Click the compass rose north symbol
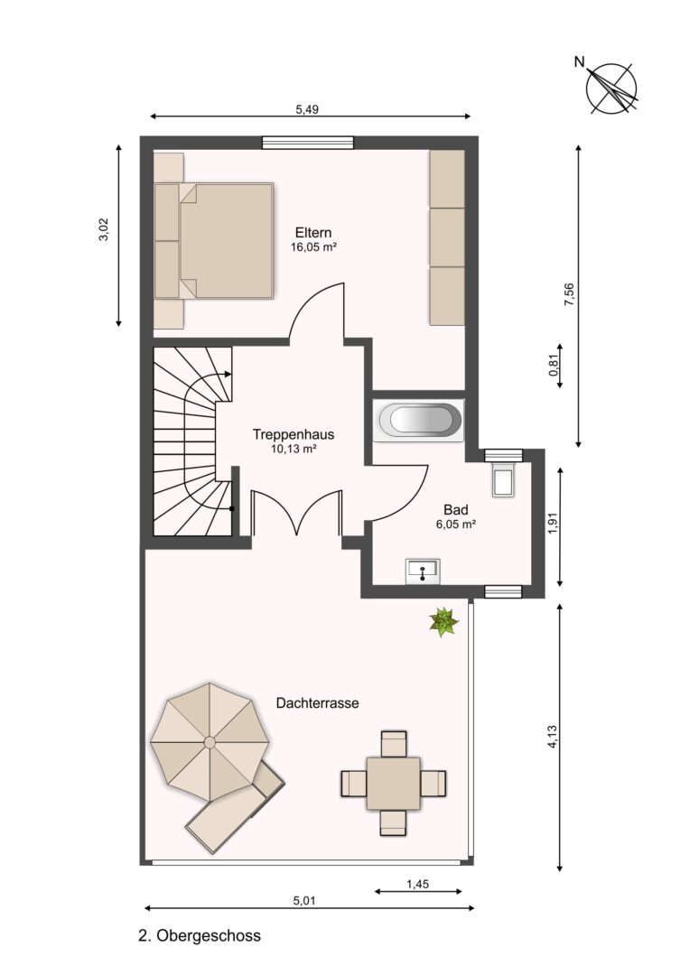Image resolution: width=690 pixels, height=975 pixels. [x=611, y=88]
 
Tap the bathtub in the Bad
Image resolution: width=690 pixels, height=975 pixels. [x=418, y=421]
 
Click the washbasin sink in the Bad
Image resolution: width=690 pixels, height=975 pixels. [x=423, y=571]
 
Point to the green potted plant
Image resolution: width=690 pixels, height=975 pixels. [x=443, y=622]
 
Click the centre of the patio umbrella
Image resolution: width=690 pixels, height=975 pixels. [x=210, y=742]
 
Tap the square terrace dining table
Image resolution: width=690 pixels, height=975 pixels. [x=393, y=783]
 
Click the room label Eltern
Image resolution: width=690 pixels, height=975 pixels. [x=313, y=233]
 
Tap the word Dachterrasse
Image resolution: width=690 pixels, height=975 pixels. [x=317, y=703]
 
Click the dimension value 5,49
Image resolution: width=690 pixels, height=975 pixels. [x=307, y=109]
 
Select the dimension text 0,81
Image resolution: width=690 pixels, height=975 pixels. [x=553, y=365]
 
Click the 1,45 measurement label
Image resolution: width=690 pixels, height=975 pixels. [x=417, y=884]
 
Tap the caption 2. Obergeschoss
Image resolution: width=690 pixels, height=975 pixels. [x=199, y=935]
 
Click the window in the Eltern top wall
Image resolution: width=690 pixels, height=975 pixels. [x=307, y=143]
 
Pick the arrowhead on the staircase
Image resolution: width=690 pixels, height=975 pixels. [x=228, y=375]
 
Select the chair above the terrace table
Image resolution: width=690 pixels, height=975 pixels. [x=393, y=743]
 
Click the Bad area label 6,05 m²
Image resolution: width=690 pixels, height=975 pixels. [x=456, y=525]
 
